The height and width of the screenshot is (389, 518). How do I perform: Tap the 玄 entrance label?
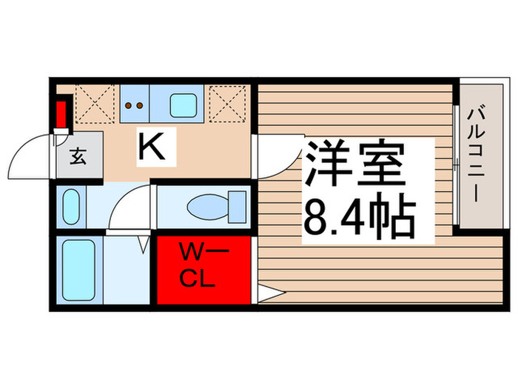tap(78, 157)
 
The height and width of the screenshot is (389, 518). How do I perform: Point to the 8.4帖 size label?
tap(357, 214)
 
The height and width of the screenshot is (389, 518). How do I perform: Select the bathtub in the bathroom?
tap(76, 269)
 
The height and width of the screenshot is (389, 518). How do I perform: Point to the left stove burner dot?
tap(129, 105)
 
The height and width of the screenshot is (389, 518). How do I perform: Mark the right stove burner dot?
tap(139, 105)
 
